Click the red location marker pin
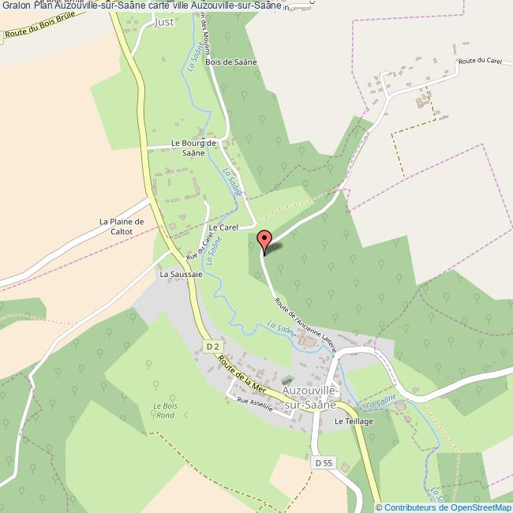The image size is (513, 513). click(265, 239)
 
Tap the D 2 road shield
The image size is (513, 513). click(211, 346)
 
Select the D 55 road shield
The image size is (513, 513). click(321, 462)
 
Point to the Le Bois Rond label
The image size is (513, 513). click(164, 410)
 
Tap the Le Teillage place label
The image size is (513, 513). click(353, 422)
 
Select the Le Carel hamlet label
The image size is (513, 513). click(223, 227)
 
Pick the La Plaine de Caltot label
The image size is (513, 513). click(122, 227)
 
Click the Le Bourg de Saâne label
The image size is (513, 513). click(193, 148)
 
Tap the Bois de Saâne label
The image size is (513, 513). click(227, 62)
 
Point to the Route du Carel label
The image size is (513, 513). click(479, 62)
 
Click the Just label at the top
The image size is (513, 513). click(164, 22)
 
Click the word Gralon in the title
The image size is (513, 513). click(16, 6)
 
